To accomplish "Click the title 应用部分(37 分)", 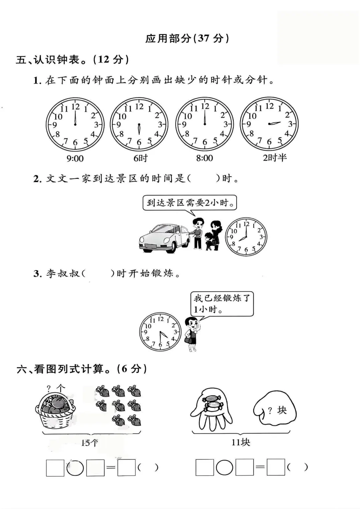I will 187,38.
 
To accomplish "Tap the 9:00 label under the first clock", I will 75,158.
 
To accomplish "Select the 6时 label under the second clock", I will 140,158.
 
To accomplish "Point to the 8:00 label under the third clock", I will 204,158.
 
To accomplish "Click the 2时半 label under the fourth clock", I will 275,158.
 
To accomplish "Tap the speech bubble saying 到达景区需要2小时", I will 189,202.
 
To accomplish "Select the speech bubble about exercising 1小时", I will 222,303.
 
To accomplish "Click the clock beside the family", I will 246,237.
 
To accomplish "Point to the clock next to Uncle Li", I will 160,332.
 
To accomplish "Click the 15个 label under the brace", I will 90,443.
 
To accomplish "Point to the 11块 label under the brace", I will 241,442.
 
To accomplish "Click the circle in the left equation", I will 75,468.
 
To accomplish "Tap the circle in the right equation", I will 224,468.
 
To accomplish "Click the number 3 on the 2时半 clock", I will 290,124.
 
